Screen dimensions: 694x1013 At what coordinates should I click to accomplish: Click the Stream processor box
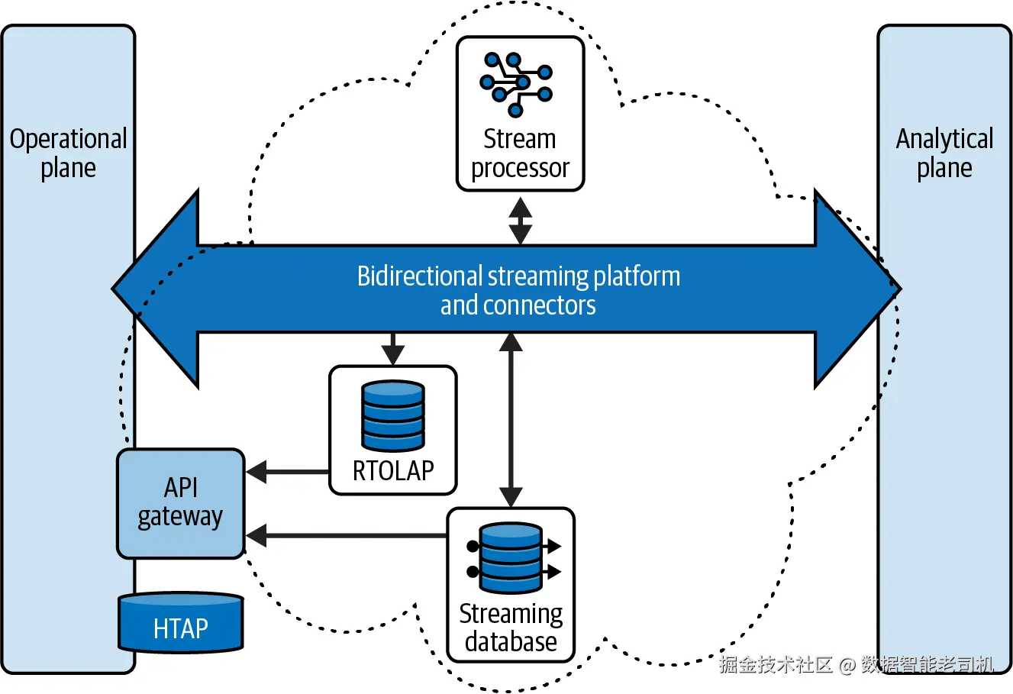pos(520,114)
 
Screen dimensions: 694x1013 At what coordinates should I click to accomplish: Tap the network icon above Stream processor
pos(516,84)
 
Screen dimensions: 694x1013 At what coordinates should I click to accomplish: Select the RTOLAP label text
pos(393,470)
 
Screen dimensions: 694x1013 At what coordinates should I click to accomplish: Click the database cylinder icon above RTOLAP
pos(393,415)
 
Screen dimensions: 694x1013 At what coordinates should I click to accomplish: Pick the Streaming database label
pos(511,628)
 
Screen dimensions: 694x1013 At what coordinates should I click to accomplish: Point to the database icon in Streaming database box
pos(510,558)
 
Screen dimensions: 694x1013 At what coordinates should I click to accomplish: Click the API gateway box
pos(181,503)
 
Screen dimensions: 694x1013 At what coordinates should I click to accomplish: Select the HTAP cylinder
pos(181,623)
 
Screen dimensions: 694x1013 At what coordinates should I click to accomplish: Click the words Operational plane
pos(68,153)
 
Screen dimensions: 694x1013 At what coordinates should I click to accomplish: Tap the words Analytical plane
pos(944,153)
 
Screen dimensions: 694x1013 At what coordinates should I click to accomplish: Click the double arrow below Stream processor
pos(521,221)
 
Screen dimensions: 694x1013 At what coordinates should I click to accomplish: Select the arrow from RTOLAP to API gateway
pos(288,472)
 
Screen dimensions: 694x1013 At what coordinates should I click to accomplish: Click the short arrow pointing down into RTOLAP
pos(392,349)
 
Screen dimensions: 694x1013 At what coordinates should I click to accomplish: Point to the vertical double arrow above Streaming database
pos(511,420)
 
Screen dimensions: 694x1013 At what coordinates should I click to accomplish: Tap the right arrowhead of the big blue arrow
pos(855,289)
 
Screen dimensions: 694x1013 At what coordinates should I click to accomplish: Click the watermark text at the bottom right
pos(856,664)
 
